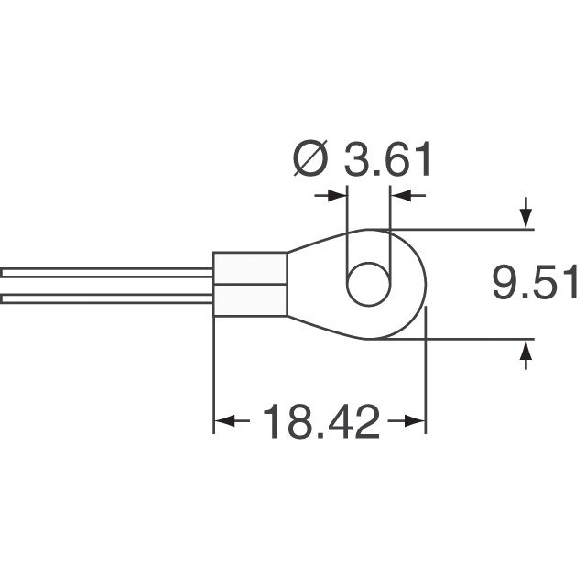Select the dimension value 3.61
pos(387,162)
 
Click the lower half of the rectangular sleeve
pos(250,301)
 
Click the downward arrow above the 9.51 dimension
pos(526,215)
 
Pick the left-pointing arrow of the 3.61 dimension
pos(402,195)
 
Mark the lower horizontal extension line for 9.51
pos(467,340)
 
